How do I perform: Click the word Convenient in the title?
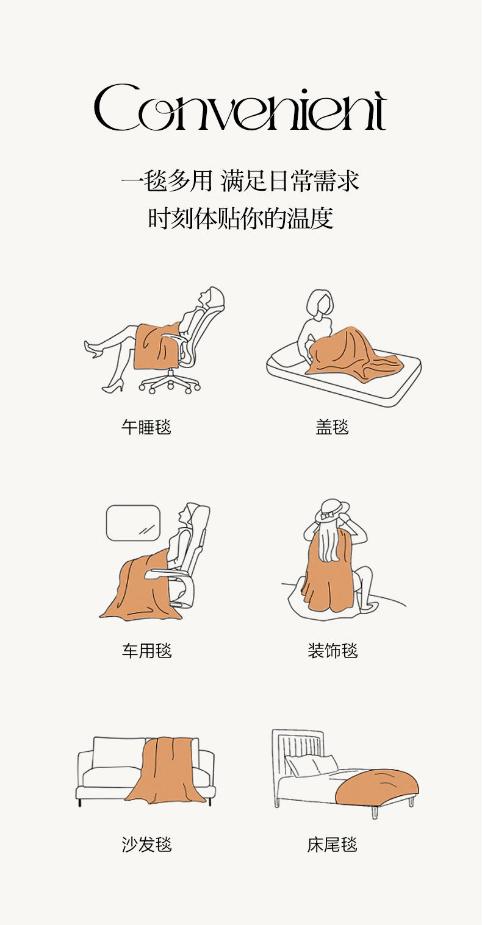(240, 108)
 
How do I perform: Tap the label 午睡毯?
(146, 427)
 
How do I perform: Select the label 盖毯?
(333, 427)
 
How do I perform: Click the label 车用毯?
(147, 651)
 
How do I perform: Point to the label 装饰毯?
(333, 651)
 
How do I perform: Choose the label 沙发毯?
(147, 845)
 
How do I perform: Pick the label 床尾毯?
(333, 845)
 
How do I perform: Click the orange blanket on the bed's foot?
(377, 787)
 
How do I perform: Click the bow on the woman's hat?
(328, 516)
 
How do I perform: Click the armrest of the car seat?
(165, 573)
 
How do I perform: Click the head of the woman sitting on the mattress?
(320, 303)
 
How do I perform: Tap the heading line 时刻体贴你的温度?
(240, 218)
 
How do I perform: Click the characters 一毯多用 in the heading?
(167, 181)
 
